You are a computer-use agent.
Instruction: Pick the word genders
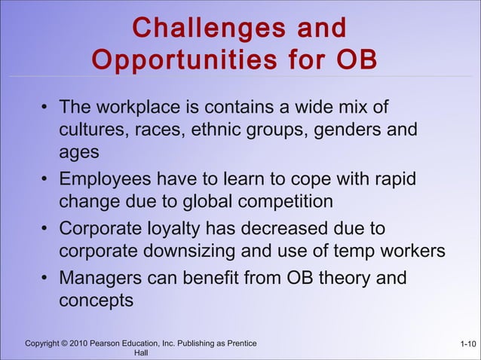click(x=342, y=130)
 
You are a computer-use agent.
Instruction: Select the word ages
click(x=78, y=151)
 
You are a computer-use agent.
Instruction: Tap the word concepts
click(x=97, y=300)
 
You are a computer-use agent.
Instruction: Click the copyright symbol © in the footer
click(x=68, y=344)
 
